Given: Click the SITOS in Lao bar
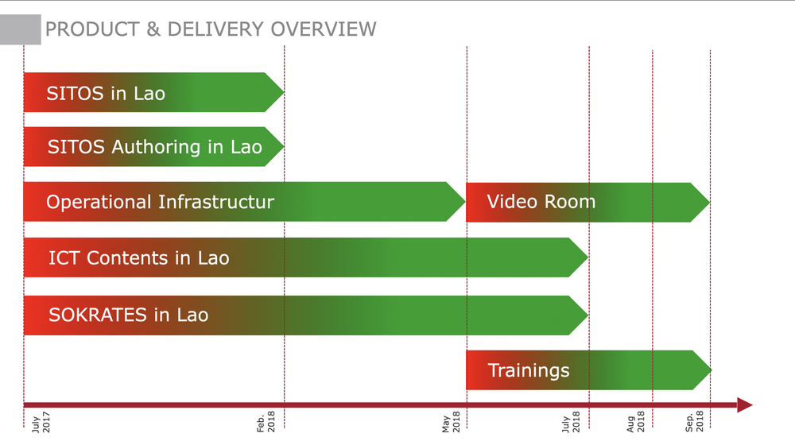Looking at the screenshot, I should click(x=151, y=92).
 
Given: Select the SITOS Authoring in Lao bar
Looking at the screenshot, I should click(x=151, y=147).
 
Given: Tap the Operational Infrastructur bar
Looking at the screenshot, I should click(x=238, y=202).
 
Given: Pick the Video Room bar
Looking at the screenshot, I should click(x=584, y=202).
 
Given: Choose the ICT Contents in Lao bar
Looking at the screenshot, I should click(x=302, y=257).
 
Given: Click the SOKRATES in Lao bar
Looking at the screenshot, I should click(x=302, y=315).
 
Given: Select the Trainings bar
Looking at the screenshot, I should click(x=584, y=370).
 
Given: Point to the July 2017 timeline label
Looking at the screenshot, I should click(x=41, y=422).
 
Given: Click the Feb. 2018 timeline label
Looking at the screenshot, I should click(x=266, y=421).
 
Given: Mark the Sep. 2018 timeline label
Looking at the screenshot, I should click(x=695, y=421).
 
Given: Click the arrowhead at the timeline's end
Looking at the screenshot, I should click(x=744, y=405).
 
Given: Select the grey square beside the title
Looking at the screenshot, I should click(x=20, y=29).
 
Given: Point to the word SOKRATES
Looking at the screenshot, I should click(x=98, y=315).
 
